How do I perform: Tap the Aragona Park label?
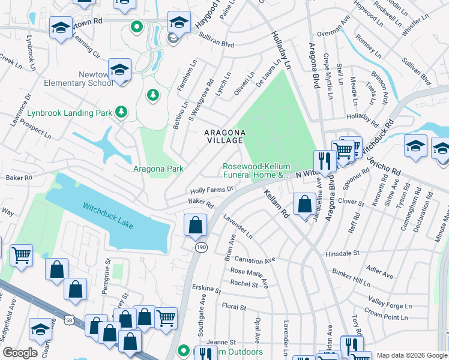point(158,169)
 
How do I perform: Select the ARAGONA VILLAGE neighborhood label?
point(224,136)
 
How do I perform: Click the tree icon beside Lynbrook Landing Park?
point(122,112)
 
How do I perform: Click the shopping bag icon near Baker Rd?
point(195,226)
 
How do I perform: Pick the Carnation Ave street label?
point(254,261)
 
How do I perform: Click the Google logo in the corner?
point(20,353)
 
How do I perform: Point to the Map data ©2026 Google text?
point(411,355)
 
